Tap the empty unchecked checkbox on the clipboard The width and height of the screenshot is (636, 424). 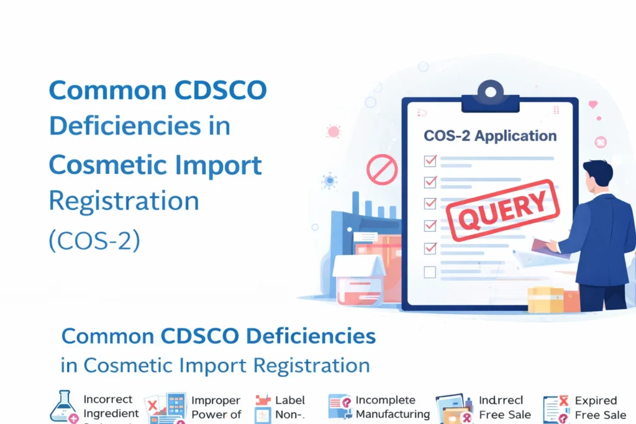coord(429,271)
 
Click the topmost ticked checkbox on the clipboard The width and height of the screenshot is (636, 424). coord(429,161)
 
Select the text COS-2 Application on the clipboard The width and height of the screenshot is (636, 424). coord(489,135)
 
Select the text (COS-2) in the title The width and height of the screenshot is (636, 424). coord(94,240)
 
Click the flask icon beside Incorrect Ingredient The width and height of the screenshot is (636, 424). coord(64,407)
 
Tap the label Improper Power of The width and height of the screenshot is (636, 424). coord(216,407)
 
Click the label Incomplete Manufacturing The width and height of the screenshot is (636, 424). coord(393,407)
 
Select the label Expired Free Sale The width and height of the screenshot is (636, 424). coord(600,407)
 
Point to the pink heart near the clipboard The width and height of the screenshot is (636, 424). coord(593,104)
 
